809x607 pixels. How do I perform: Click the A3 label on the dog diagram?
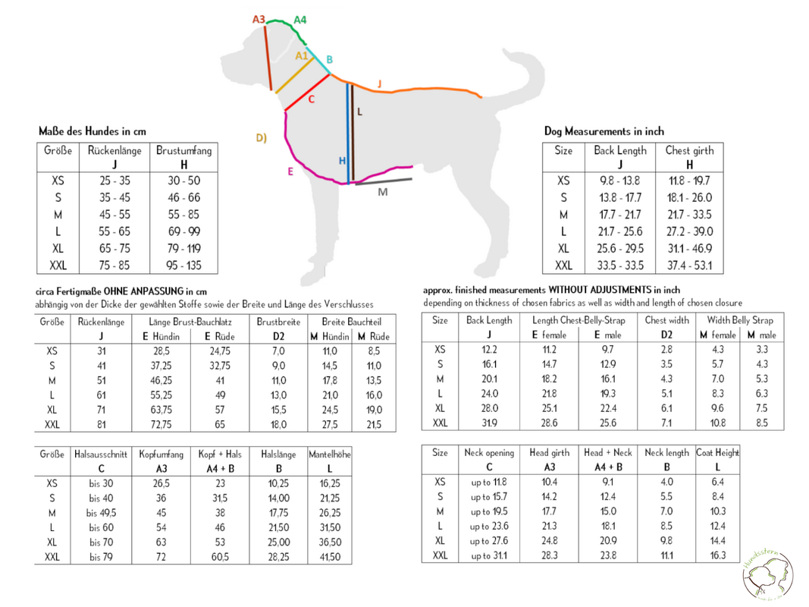258,19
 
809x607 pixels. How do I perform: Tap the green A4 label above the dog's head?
300,19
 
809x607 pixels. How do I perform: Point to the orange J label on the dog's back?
380,83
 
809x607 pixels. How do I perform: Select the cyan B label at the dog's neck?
329,59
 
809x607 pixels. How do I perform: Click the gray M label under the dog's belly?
382,192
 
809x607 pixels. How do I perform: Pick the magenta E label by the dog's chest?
290,171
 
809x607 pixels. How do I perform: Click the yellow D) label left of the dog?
261,137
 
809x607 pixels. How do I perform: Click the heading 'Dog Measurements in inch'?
604,131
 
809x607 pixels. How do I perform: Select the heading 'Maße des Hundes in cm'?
93,131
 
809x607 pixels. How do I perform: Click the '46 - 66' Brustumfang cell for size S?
184,198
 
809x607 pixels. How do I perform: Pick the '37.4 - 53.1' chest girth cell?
688,266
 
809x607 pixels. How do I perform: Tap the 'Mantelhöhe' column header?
329,454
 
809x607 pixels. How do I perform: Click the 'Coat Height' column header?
717,453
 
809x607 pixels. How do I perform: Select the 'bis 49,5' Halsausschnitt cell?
101,513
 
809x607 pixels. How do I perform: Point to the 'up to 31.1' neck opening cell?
488,556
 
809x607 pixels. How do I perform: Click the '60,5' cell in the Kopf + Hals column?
220,557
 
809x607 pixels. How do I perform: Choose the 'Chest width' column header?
666,320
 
